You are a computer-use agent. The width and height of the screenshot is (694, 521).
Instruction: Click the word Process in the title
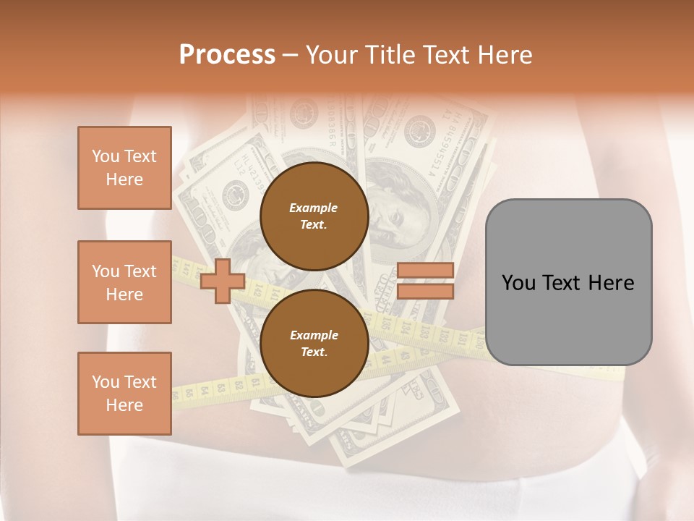pyautogui.click(x=227, y=55)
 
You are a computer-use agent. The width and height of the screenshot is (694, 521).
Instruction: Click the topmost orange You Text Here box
pyautogui.click(x=124, y=168)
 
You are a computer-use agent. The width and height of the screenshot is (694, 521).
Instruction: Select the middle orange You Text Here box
pyautogui.click(x=124, y=282)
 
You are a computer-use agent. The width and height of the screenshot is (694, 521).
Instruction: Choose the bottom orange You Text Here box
pyautogui.click(x=124, y=394)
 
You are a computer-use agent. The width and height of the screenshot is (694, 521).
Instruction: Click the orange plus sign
pyautogui.click(x=223, y=281)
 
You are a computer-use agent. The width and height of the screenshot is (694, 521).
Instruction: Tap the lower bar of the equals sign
pyautogui.click(x=425, y=292)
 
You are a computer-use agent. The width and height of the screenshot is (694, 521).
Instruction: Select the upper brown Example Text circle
pyautogui.click(x=314, y=216)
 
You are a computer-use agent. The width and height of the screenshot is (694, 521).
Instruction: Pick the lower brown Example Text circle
pyautogui.click(x=314, y=343)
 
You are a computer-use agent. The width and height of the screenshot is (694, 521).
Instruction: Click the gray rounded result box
pyautogui.click(x=568, y=282)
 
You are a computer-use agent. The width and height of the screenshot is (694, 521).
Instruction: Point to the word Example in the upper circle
pyautogui.click(x=314, y=208)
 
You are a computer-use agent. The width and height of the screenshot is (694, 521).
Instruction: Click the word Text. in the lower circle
pyautogui.click(x=314, y=352)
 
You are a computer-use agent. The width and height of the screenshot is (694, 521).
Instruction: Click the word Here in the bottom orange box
pyautogui.click(x=124, y=405)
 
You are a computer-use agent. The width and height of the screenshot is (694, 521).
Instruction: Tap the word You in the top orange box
pyautogui.click(x=105, y=156)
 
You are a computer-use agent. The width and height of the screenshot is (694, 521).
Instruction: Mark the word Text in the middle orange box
pyautogui.click(x=140, y=271)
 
